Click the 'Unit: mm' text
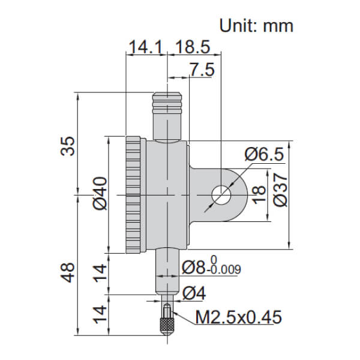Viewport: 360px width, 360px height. click(x=256, y=26)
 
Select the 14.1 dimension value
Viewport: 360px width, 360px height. click(x=146, y=47)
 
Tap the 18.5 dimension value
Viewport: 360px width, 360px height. click(x=193, y=47)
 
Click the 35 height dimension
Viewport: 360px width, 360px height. click(x=68, y=146)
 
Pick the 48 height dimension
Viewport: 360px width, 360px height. click(x=68, y=272)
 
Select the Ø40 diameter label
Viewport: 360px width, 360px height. click(x=100, y=193)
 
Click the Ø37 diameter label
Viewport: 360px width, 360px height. click(x=280, y=190)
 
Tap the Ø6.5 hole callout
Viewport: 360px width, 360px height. click(x=264, y=154)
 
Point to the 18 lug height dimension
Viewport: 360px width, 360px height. click(x=259, y=194)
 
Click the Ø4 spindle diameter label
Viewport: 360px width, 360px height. click(x=194, y=293)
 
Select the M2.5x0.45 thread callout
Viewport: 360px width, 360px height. click(x=238, y=317)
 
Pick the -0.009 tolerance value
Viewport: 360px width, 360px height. click(x=224, y=269)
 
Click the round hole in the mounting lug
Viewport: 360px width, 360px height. click(x=221, y=195)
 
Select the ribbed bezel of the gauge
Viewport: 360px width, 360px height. click(x=133, y=195)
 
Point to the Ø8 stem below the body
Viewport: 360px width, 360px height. click(x=167, y=272)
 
